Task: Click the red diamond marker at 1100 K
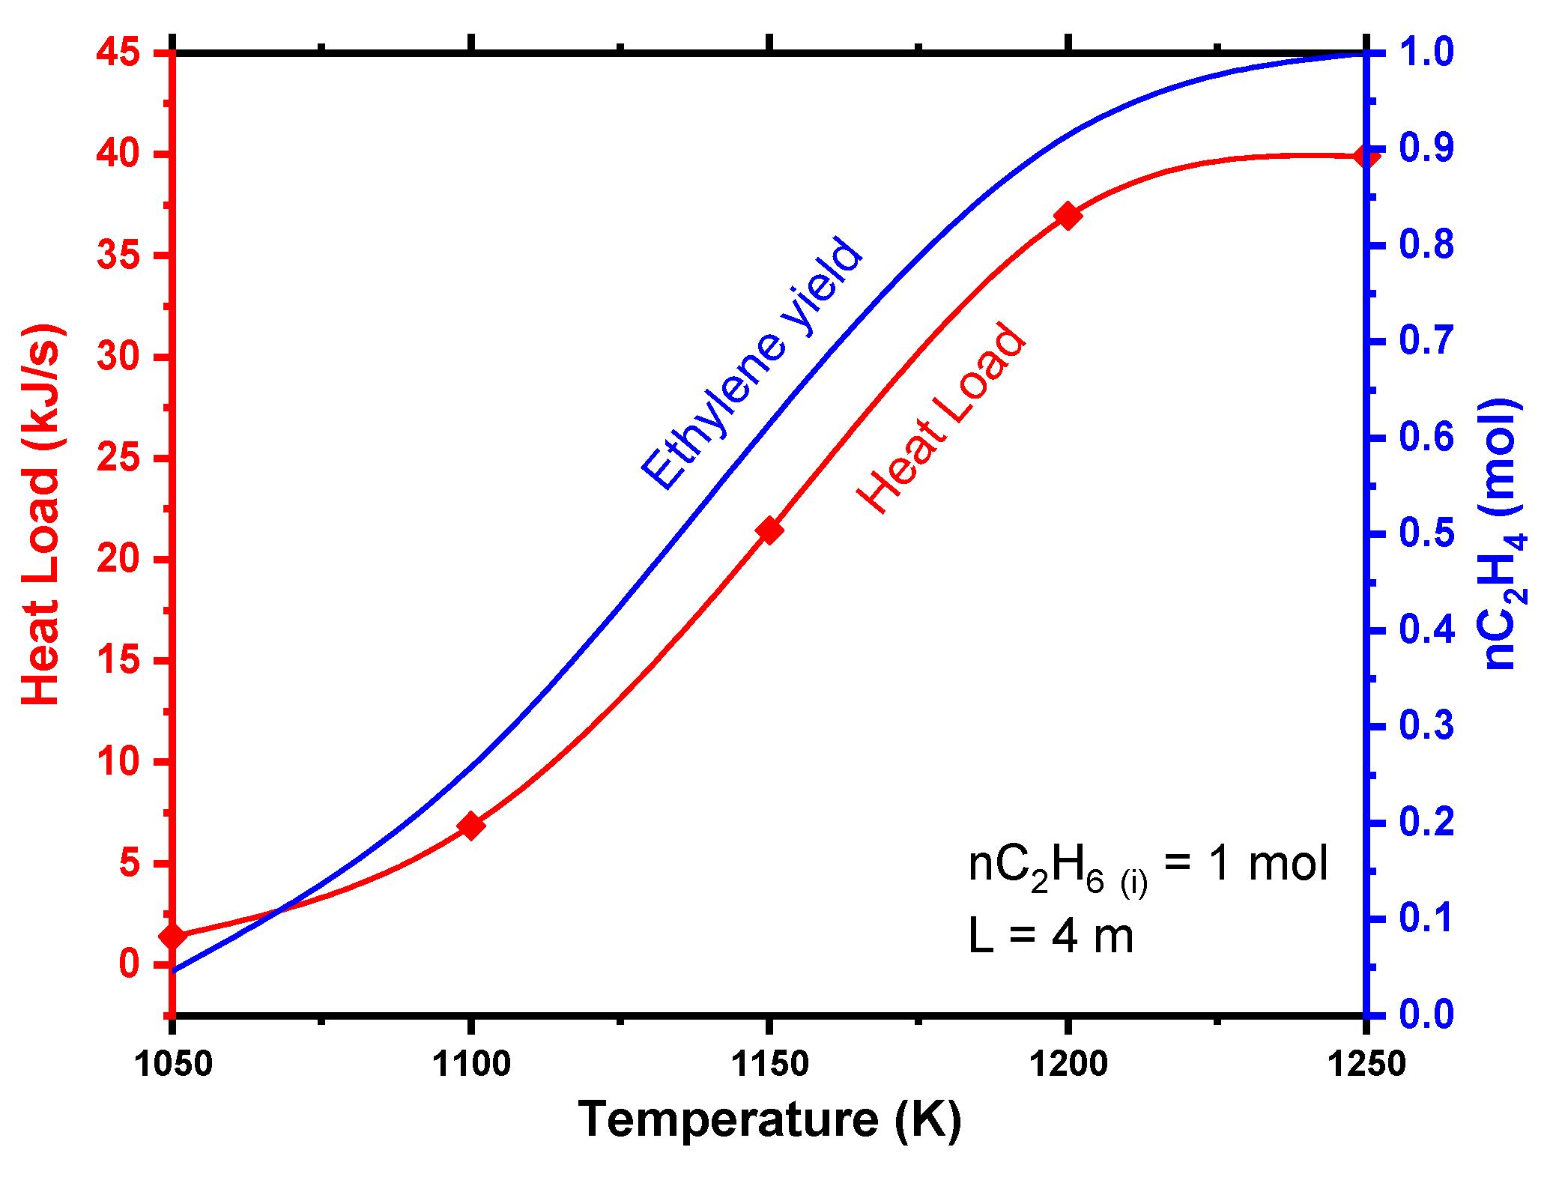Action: pos(470,826)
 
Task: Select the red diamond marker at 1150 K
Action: pos(769,530)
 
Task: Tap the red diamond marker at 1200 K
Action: pos(1068,216)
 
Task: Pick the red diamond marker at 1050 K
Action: pos(173,936)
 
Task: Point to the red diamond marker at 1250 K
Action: pos(1366,157)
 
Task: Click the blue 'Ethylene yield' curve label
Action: pos(752,363)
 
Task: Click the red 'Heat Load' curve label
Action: pos(941,418)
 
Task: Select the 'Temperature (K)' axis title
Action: pos(769,1119)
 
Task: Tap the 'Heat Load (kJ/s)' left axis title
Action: pos(40,515)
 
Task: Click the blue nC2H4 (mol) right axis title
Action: pos(1501,533)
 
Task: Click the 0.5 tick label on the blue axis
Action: pos(1426,533)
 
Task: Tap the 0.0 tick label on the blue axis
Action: pos(1426,1014)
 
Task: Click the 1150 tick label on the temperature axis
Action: pos(769,1064)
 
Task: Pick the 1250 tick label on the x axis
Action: pos(1366,1064)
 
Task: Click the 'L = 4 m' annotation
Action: pos(1050,937)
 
